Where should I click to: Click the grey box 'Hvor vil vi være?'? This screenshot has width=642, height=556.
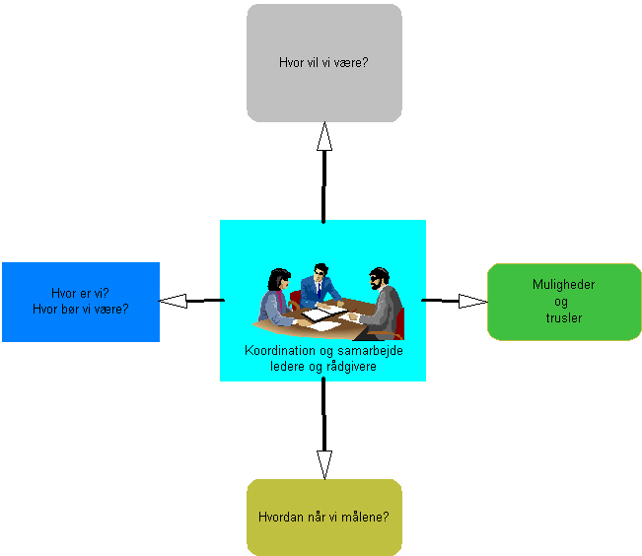[323, 63]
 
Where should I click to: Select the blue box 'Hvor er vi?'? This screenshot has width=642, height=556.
[81, 301]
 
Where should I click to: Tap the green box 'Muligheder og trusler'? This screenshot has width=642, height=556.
[564, 302]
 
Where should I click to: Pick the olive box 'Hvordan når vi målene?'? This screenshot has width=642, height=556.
[323, 517]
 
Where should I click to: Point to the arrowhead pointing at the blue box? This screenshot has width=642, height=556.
[174, 300]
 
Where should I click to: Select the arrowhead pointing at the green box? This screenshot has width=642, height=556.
[472, 300]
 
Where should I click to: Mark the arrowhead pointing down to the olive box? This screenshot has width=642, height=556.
[323, 463]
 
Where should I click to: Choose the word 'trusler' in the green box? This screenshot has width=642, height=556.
[564, 317]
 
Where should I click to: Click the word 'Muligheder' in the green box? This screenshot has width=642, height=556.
[564, 285]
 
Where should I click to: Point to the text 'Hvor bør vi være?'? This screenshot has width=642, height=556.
[81, 309]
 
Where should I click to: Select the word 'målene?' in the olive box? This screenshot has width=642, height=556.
[368, 517]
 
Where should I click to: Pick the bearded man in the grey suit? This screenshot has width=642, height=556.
[382, 301]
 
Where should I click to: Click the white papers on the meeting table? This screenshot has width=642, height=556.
[323, 313]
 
